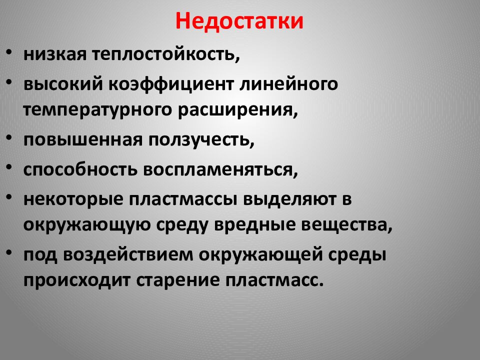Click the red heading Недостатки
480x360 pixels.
[x=239, y=21]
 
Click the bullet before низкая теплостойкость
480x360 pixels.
[x=10, y=53]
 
